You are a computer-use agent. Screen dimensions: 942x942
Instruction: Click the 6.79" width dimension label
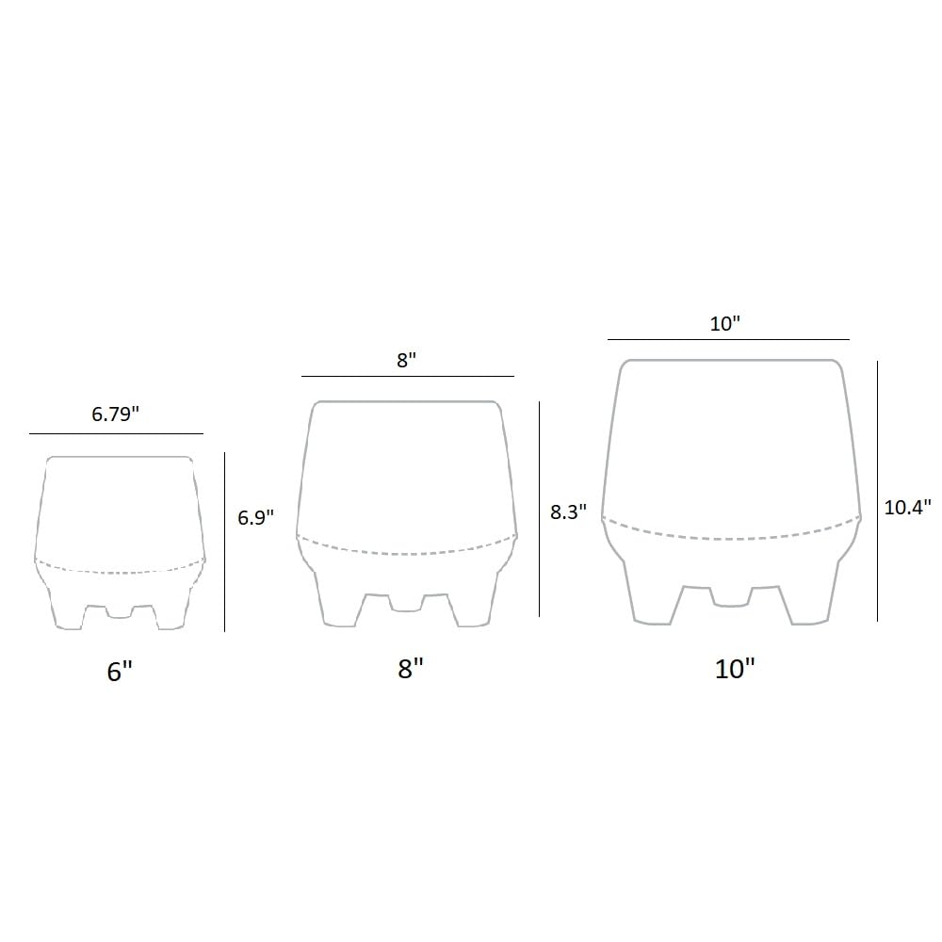(x=115, y=414)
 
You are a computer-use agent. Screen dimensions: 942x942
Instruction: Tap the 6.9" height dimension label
(x=256, y=517)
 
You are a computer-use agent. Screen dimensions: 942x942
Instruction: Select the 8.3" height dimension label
(x=568, y=512)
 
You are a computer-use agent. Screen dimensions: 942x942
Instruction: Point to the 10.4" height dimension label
(x=907, y=507)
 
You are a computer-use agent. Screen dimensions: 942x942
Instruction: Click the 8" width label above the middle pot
(x=407, y=360)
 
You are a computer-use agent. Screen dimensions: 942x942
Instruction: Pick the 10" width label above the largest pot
(x=725, y=324)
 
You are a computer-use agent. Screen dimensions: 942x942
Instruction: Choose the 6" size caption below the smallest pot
(x=120, y=671)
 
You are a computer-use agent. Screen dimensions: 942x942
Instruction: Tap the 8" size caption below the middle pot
(x=411, y=668)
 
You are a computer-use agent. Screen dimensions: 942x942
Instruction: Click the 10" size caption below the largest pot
(x=734, y=669)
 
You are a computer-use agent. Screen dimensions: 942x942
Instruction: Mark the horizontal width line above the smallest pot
(x=117, y=433)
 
